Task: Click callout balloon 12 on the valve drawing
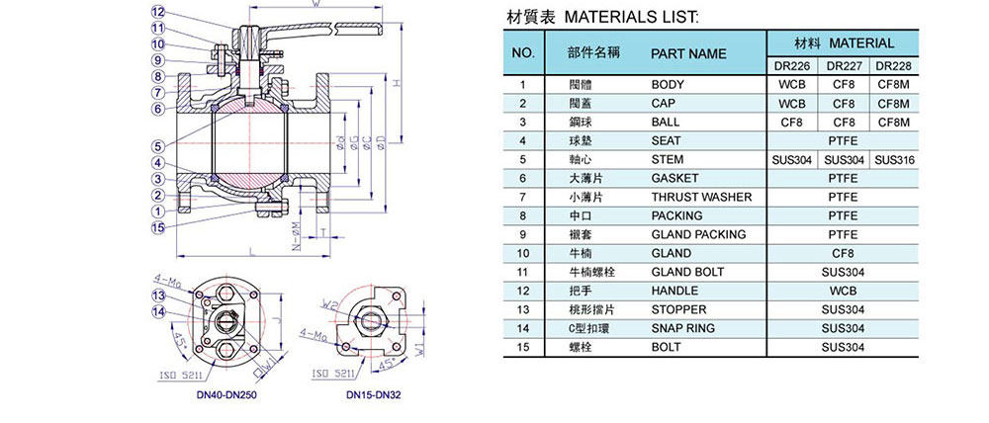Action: [x=157, y=11]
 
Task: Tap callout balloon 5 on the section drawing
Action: [x=157, y=146]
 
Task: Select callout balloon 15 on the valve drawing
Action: [x=157, y=227]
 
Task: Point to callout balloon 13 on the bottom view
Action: [x=157, y=296]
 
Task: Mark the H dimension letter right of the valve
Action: [x=397, y=83]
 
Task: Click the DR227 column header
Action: [x=844, y=66]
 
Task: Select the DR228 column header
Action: [x=894, y=66]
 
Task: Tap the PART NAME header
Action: [x=688, y=53]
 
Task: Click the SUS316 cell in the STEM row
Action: [x=894, y=160]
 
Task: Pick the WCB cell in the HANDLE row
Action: [x=844, y=291]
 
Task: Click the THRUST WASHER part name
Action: [x=701, y=197]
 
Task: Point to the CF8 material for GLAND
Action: [x=844, y=253]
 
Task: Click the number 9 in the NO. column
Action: [x=525, y=234]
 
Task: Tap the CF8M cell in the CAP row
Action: [x=894, y=104]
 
